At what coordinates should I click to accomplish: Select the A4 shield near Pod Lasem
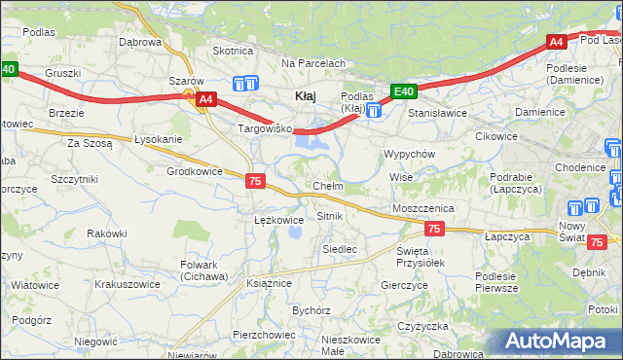[x=555, y=42]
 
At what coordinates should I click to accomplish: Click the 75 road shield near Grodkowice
[x=255, y=181]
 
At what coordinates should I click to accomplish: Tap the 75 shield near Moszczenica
[x=434, y=229]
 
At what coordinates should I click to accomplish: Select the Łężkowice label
[x=278, y=220]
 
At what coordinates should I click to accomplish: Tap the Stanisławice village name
[x=438, y=113]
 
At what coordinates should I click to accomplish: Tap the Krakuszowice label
[x=127, y=284]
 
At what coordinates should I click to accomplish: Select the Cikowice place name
[x=495, y=136]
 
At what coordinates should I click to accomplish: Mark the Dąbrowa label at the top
[x=139, y=42]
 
